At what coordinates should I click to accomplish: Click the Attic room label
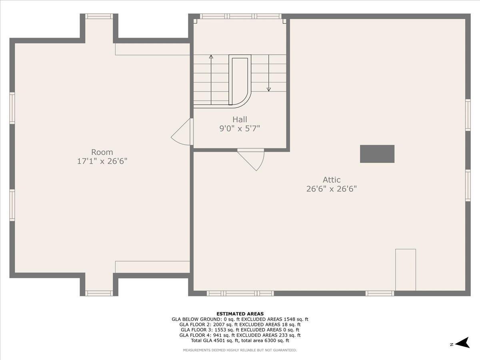[332, 180]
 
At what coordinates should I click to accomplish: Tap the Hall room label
[240, 119]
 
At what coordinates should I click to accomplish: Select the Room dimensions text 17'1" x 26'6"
[102, 161]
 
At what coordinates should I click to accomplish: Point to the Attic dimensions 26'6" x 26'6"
[332, 189]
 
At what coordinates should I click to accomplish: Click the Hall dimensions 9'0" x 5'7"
[240, 128]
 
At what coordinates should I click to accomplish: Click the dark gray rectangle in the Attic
[377, 154]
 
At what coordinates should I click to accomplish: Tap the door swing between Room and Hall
[181, 134]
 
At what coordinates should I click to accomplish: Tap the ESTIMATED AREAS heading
[240, 314]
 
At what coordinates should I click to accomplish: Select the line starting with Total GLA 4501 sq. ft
[240, 341]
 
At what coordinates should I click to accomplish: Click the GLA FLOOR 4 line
[240, 335]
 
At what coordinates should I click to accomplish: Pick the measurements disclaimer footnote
[240, 350]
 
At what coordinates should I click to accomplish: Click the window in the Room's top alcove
[99, 16]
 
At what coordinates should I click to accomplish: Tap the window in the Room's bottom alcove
[99, 293]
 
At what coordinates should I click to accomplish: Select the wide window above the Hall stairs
[241, 16]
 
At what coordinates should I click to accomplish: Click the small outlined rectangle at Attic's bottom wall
[406, 270]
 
